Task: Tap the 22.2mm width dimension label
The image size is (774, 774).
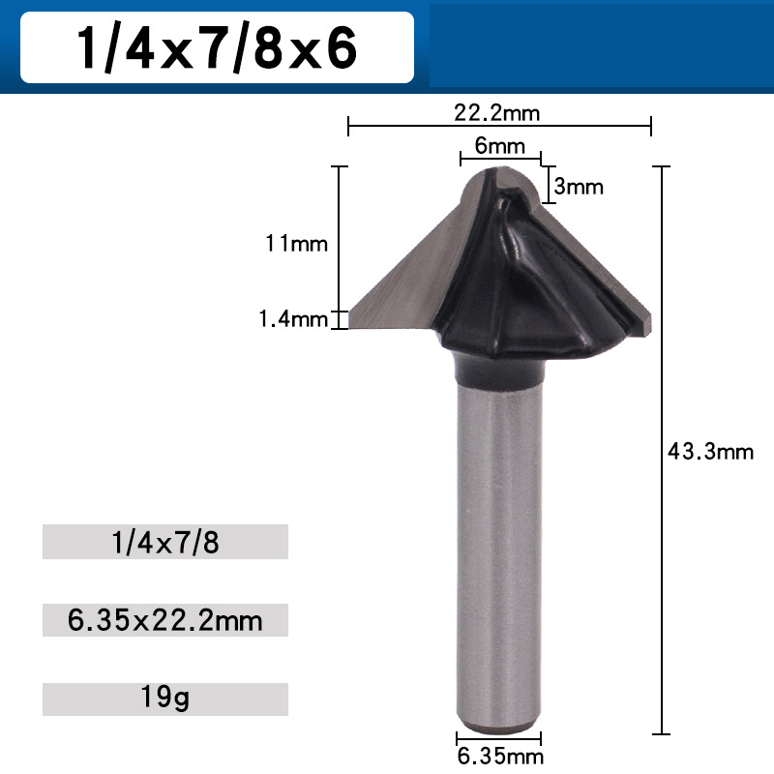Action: pyautogui.click(x=497, y=112)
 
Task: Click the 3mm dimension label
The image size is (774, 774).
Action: pyautogui.click(x=579, y=187)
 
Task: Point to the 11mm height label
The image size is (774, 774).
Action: pyautogui.click(x=297, y=244)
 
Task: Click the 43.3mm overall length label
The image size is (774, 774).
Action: pyautogui.click(x=710, y=451)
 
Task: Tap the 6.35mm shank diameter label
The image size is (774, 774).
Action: pyautogui.click(x=500, y=756)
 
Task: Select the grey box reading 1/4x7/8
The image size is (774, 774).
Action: pyautogui.click(x=165, y=542)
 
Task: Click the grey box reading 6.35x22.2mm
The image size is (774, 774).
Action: pyautogui.click(x=165, y=620)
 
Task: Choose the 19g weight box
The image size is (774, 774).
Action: pyautogui.click(x=165, y=699)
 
